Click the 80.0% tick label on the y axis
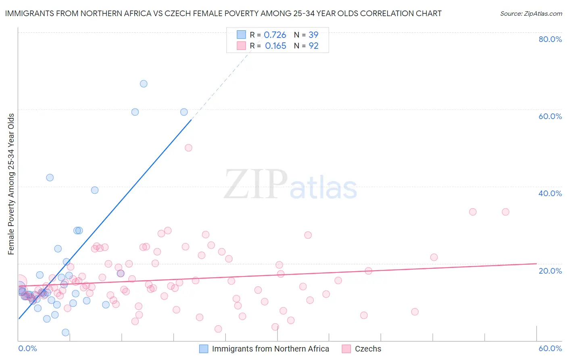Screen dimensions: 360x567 [x=550, y=39]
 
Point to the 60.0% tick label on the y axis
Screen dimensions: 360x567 [x=550, y=116]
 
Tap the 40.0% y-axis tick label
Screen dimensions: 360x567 [x=550, y=193]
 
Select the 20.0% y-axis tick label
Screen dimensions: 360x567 [x=550, y=270]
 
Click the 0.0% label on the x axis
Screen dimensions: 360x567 [x=27, y=348]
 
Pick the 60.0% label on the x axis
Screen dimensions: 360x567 [x=550, y=348]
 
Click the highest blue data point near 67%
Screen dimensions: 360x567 [x=144, y=84]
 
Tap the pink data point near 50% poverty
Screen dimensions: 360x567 [x=188, y=148]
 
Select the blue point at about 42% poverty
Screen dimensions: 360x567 [x=50, y=178]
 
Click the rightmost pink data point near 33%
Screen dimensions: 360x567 [x=505, y=212]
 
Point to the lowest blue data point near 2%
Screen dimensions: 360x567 [x=65, y=333]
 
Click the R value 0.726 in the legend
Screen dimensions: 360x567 [x=275, y=35]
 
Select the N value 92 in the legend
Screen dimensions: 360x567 [x=313, y=46]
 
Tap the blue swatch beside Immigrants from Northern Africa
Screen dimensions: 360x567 [x=204, y=349]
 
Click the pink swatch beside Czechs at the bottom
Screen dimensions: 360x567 [x=346, y=349]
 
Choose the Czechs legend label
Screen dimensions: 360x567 [x=368, y=349]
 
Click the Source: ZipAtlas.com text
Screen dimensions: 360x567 [x=531, y=13]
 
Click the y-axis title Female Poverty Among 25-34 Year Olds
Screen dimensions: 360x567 [x=11, y=184]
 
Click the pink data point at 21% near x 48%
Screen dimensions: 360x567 [x=434, y=257]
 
